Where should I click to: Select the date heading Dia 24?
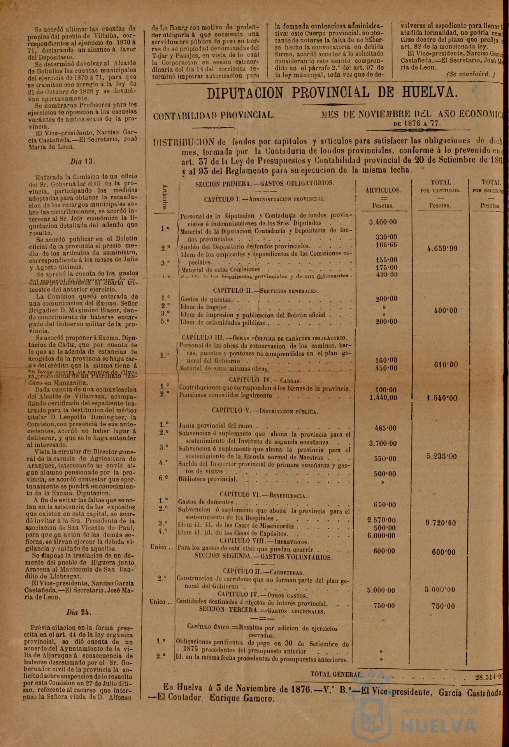click(x=79, y=612)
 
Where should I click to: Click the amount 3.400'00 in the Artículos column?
click(x=383, y=222)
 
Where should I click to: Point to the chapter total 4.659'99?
click(x=442, y=248)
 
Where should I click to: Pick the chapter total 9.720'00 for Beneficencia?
click(x=441, y=523)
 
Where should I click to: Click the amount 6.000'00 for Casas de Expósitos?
click(x=381, y=536)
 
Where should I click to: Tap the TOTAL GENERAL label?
click(x=337, y=674)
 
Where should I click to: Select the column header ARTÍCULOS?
click(x=383, y=190)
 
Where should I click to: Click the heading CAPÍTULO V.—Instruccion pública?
click(x=265, y=411)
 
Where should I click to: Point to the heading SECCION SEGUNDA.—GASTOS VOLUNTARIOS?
click(x=263, y=557)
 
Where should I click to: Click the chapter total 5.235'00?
click(x=441, y=457)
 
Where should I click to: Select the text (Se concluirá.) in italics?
click(x=470, y=74)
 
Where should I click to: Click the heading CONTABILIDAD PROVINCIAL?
click(x=214, y=115)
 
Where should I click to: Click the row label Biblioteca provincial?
click(x=207, y=479)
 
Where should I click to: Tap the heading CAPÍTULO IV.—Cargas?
click(x=265, y=380)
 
